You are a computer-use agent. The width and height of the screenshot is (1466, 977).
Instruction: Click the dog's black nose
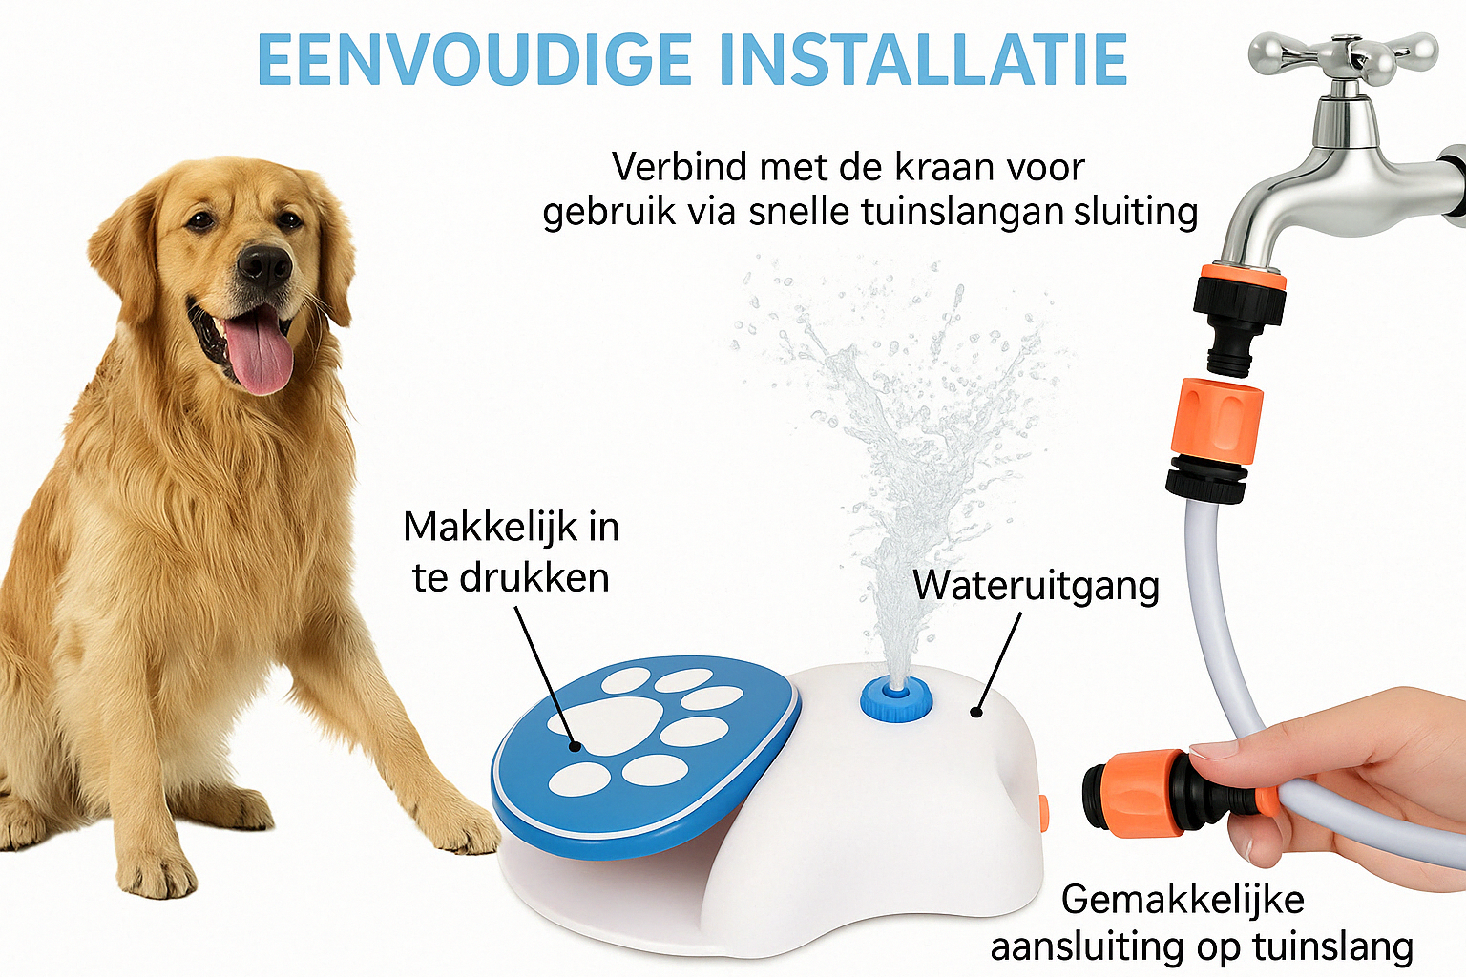[x=263, y=265]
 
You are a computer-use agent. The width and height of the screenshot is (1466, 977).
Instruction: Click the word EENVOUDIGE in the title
[x=474, y=59]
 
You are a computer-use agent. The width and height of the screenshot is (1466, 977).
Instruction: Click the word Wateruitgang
[x=1036, y=586]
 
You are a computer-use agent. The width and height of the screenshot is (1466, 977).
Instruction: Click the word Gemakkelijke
[x=1183, y=900]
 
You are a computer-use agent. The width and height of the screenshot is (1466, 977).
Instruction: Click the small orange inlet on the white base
[x=1043, y=814]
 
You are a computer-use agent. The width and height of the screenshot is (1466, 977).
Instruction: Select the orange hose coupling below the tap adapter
[x=1215, y=422]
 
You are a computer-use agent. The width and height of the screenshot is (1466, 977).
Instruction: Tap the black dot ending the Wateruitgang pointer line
[x=976, y=712]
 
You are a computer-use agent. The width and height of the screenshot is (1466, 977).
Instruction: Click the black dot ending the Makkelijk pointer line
[x=576, y=745]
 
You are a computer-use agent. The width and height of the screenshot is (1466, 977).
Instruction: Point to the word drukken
[x=534, y=577]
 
